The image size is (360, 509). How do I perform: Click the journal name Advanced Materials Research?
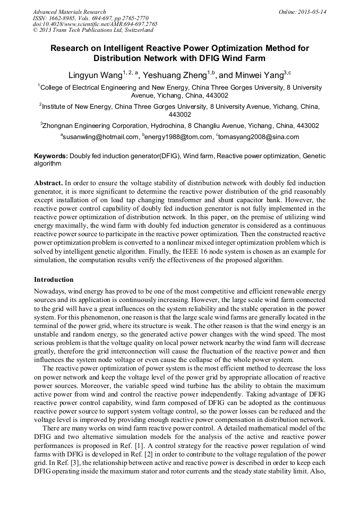[x=69, y=12]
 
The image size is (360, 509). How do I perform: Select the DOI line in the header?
[x=95, y=24]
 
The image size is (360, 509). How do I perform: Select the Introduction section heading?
[x=54, y=279]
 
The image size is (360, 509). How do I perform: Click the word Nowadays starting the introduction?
[x=50, y=291]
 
